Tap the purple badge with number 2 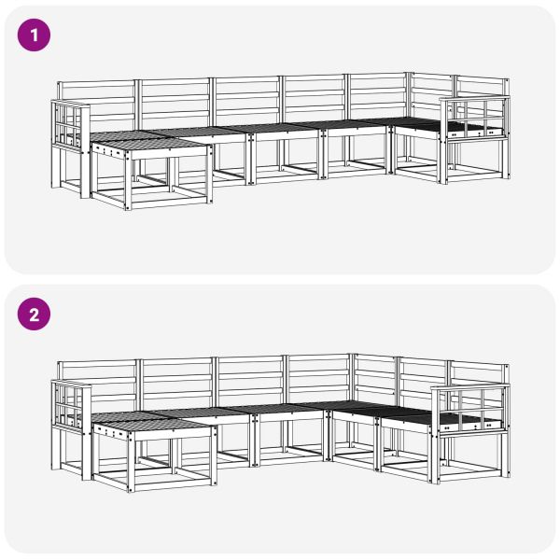[x=35, y=315]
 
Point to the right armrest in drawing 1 [x=475, y=118]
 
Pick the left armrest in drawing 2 [x=68, y=404]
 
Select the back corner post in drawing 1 [x=409, y=93]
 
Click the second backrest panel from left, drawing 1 [x=175, y=101]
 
